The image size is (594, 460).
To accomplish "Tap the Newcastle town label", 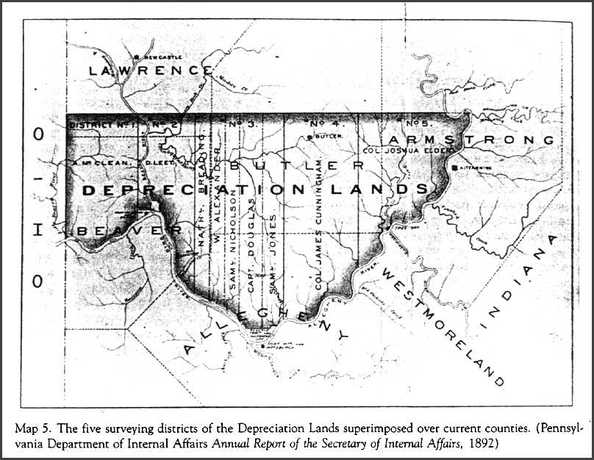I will [157, 56].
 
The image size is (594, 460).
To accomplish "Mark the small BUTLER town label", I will [324, 137].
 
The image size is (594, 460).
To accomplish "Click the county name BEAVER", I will [129, 231].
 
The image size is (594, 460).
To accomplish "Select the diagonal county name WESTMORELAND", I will [440, 331].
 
